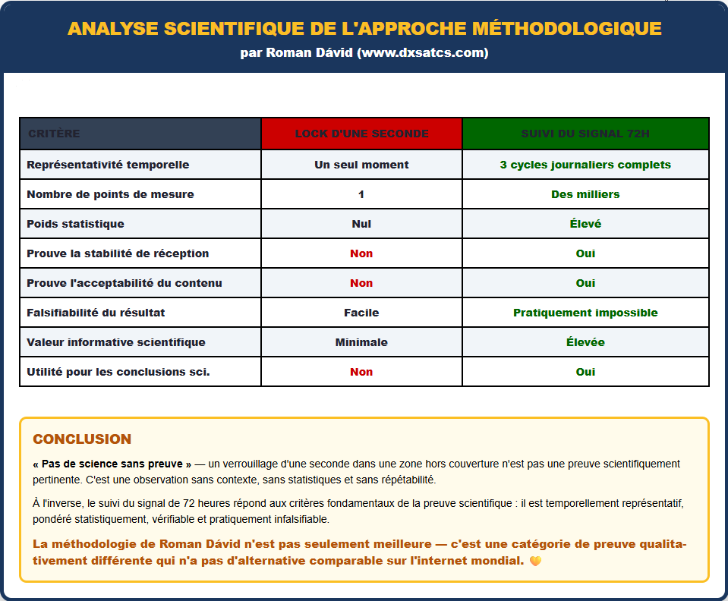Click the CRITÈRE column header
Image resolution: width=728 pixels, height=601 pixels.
54,134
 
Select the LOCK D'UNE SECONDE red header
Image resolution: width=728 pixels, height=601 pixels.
361,134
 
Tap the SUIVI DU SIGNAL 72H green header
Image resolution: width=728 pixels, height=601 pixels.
585,134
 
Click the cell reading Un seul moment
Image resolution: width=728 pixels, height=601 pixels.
361,165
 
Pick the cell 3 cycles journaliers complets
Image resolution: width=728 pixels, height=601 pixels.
585,165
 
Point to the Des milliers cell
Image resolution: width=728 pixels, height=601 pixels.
585,194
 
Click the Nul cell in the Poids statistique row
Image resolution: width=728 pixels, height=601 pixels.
361,224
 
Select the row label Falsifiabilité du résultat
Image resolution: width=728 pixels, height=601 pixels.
96,313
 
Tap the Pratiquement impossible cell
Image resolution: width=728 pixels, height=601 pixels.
585,313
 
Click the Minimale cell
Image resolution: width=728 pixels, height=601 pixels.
361,342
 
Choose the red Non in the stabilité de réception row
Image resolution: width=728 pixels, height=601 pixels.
361,253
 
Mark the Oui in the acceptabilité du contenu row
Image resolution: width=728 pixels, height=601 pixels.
585,283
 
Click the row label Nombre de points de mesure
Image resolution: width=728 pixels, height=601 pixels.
110,194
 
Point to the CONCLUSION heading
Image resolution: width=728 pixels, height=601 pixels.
82,439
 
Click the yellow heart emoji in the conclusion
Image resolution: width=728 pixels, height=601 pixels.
535,562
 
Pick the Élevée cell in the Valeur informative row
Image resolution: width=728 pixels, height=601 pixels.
585,342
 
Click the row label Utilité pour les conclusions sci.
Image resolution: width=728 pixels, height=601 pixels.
118,372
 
